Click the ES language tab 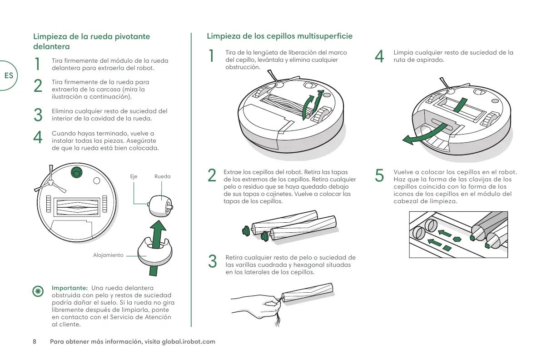(9, 75)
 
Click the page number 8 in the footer (34, 341)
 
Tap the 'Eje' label (134, 176)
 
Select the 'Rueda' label (162, 176)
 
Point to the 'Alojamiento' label (108, 255)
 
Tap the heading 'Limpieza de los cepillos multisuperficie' (279, 36)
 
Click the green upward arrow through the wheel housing (157, 241)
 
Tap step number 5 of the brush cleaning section (380, 175)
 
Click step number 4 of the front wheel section (39, 137)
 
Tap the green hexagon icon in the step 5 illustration (457, 239)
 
